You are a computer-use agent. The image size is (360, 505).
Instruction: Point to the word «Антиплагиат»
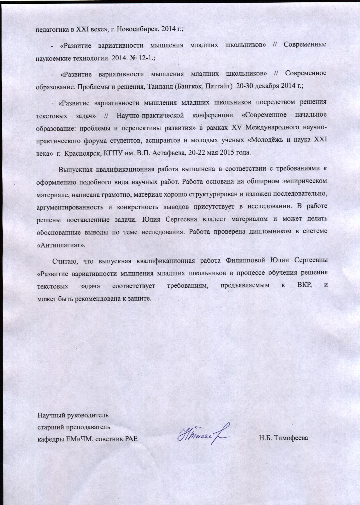click(x=61, y=245)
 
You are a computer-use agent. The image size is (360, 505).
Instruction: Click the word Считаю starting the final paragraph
click(x=65, y=260)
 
